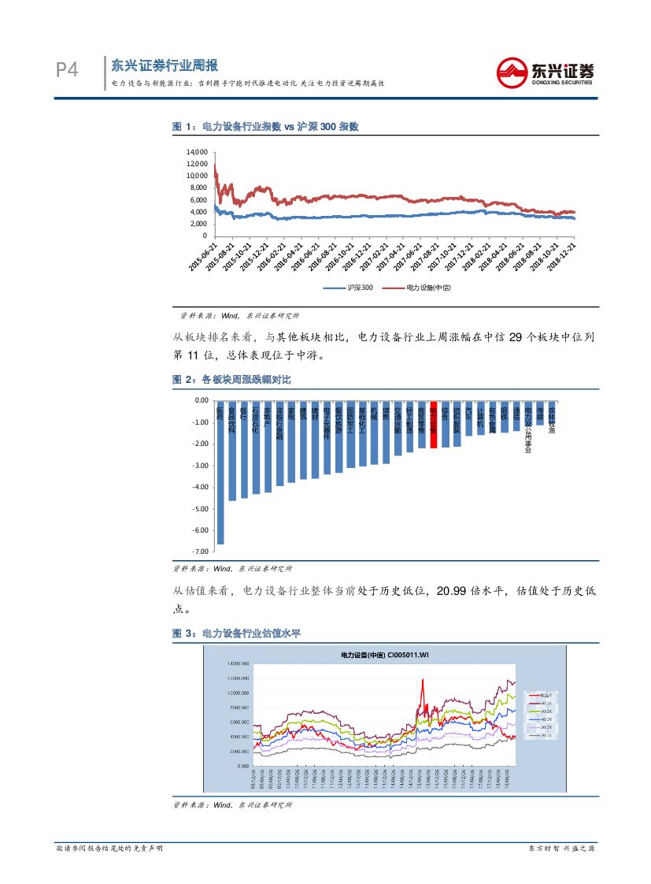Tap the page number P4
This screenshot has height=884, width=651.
pyautogui.click(x=67, y=71)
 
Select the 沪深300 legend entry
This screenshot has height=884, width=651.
pyautogui.click(x=350, y=288)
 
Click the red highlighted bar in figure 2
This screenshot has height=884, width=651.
pyautogui.click(x=434, y=425)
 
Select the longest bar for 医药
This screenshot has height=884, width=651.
pyautogui.click(x=220, y=473)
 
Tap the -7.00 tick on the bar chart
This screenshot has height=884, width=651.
pyautogui.click(x=198, y=552)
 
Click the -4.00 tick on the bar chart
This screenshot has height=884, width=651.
pyautogui.click(x=198, y=487)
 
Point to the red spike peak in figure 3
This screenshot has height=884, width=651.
pyautogui.click(x=424, y=680)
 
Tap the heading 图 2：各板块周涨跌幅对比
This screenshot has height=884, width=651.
pyautogui.click(x=231, y=380)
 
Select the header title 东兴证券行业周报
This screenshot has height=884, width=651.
pyautogui.click(x=165, y=65)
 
